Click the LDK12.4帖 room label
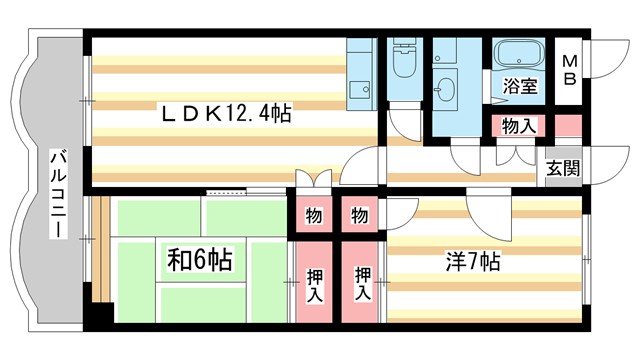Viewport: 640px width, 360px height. [227, 115]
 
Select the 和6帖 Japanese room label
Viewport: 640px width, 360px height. [199, 261]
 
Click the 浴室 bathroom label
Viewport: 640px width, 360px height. [521, 86]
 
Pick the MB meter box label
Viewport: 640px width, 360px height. [566, 71]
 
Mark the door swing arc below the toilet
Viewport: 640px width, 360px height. [403, 121]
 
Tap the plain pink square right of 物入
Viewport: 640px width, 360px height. [566, 126]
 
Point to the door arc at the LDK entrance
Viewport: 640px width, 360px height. [362, 164]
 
